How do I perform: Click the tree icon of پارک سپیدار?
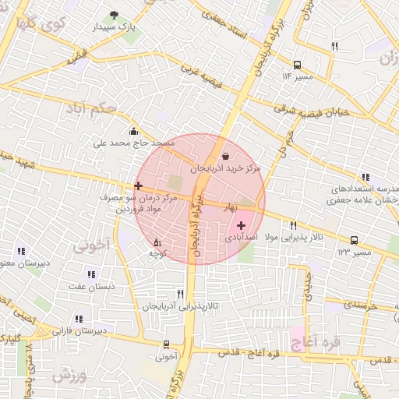115,15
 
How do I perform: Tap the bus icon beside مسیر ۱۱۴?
297,65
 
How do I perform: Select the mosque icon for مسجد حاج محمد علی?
133,131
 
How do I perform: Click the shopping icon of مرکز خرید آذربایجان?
225,156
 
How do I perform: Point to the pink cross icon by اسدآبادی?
241,224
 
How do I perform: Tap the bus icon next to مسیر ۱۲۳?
355,240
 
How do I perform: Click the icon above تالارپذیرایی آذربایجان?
181,294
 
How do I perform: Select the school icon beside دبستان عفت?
92,274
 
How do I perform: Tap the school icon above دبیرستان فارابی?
79,319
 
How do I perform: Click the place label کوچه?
159,254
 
